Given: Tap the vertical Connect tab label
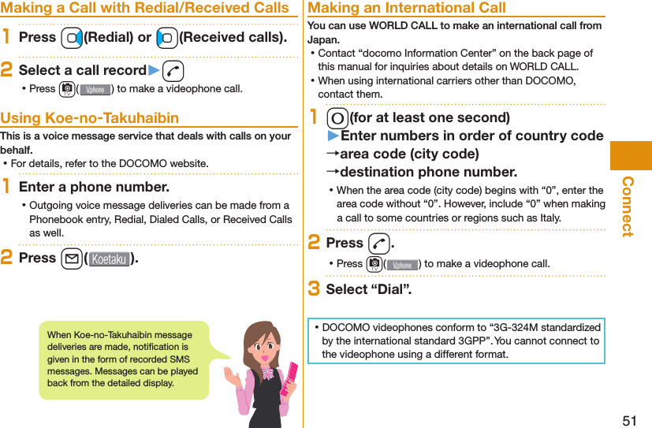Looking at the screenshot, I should (628, 207).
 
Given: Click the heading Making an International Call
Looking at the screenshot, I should (407, 8).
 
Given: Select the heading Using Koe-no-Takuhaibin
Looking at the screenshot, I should (90, 118).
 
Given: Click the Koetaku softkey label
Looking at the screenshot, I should (109, 259).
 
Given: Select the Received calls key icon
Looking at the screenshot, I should (166, 38).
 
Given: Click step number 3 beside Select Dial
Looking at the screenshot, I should (313, 288).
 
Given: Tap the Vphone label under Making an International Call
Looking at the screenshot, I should (402, 264).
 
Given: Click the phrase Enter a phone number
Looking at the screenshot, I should (93, 187).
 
